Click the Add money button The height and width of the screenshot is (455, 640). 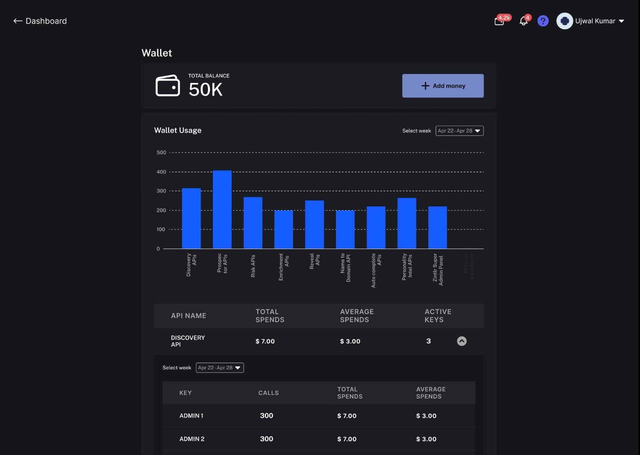coord(443,86)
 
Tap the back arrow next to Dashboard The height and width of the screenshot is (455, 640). coord(18,21)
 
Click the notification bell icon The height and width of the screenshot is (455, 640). coord(524,21)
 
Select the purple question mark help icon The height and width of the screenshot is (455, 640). coord(543,21)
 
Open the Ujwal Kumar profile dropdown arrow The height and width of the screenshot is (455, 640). coord(622,21)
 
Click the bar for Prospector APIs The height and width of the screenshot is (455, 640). coord(222,209)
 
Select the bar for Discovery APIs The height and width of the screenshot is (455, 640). coord(191,218)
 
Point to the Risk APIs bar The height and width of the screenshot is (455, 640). coord(253,222)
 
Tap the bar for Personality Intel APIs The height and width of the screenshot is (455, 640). coord(407,223)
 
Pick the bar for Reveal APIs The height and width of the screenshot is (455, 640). coord(314,224)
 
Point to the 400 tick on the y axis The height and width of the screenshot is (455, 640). coord(161,172)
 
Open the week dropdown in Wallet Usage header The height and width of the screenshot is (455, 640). coord(459,131)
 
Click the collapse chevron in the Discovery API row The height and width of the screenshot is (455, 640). coord(462,341)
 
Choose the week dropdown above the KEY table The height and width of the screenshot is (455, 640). coord(220,368)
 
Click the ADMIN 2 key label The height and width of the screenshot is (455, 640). coord(192,439)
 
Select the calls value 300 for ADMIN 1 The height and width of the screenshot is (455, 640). coord(266,416)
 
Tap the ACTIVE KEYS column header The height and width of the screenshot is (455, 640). coord(438,315)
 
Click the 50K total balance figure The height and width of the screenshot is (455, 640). coord(206,89)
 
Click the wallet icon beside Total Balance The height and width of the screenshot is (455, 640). coord(168,86)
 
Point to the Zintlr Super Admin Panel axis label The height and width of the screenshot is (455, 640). coord(438,269)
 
